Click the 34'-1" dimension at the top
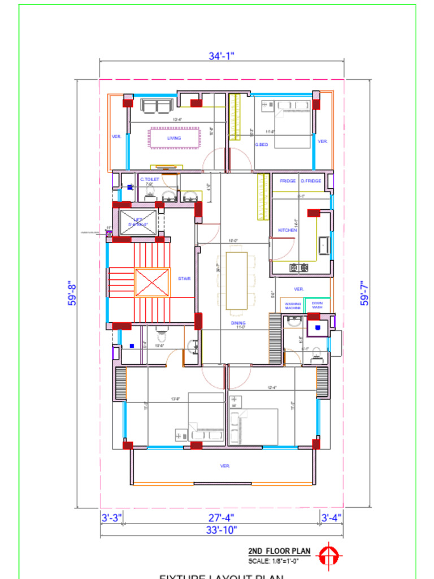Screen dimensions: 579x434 (x=222, y=55)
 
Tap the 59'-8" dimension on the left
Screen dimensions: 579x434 (x=73, y=293)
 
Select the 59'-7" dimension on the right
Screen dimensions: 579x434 (x=365, y=293)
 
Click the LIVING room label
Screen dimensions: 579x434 (x=174, y=138)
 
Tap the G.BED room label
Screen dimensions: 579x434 (x=261, y=145)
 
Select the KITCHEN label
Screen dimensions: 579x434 (x=288, y=230)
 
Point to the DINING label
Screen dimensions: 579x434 (x=238, y=323)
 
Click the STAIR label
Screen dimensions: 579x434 (x=184, y=278)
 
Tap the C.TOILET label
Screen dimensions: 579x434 (x=150, y=179)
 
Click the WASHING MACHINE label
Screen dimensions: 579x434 (x=293, y=305)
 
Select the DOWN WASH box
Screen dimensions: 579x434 (x=317, y=305)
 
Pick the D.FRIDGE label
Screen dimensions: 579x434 (x=311, y=181)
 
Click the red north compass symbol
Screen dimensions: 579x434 (x=327, y=555)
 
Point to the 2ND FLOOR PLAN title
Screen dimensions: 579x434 (x=279, y=551)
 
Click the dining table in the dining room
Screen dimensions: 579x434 (x=237, y=280)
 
